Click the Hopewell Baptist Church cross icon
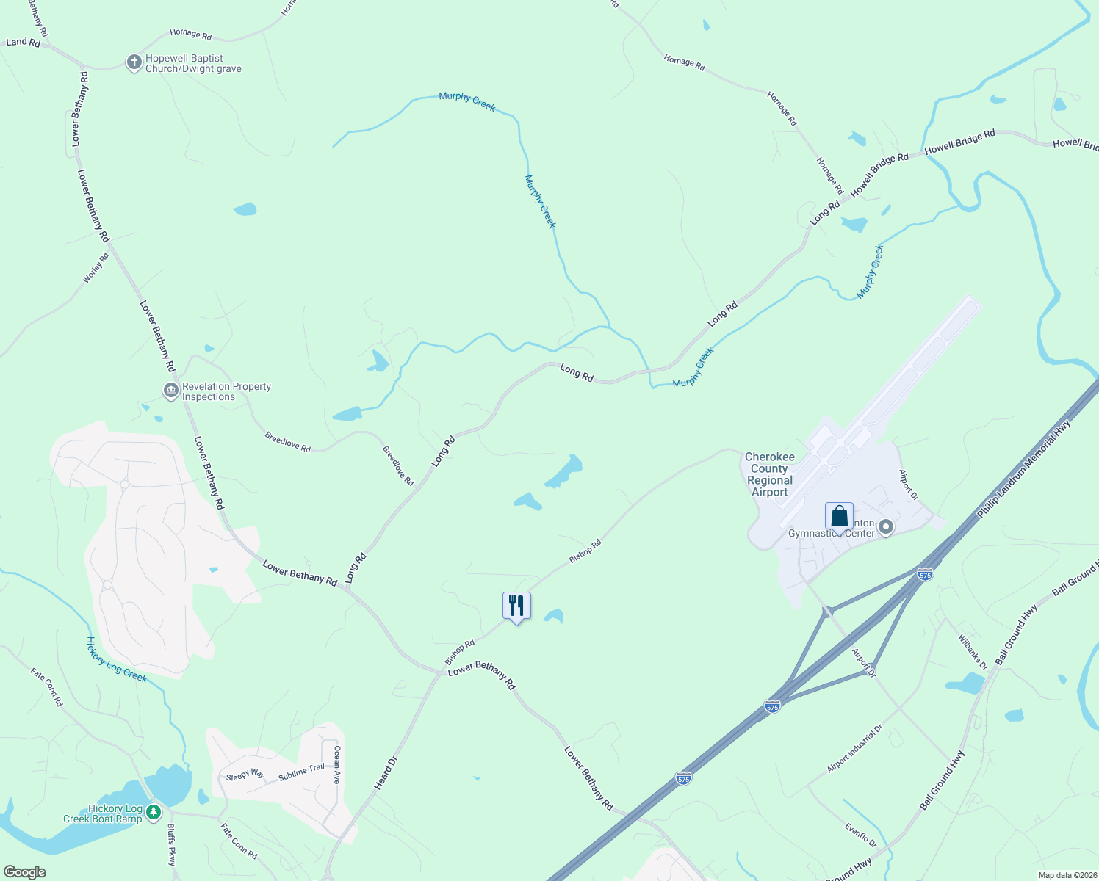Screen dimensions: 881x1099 [134, 62]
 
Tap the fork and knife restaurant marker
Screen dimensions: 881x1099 [516, 606]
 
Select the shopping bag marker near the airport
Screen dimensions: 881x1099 [839, 517]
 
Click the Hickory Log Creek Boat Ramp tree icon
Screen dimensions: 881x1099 [153, 813]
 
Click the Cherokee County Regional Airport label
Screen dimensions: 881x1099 [769, 474]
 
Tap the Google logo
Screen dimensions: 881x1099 [25, 872]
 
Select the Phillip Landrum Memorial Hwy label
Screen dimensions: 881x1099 [1024, 470]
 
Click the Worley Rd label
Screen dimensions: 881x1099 [96, 268]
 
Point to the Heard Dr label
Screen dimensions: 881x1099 [385, 773]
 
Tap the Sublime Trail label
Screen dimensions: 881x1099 [301, 772]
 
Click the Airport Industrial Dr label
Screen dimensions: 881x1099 [854, 749]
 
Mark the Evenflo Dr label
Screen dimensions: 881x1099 [860, 835]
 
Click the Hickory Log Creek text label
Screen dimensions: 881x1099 [117, 659]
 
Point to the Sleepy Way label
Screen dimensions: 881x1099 [245, 775]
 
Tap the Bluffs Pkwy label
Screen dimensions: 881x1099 [171, 844]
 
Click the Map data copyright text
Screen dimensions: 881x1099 [1066, 875]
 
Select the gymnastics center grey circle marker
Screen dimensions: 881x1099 [886, 527]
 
